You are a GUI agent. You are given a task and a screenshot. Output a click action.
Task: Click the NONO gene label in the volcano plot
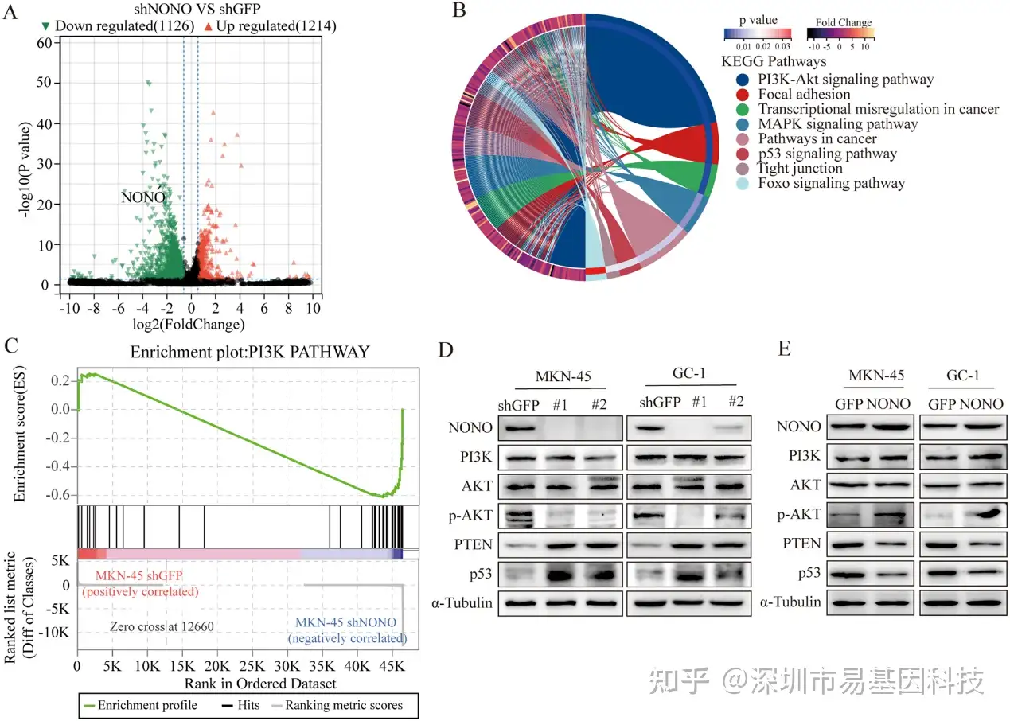143,197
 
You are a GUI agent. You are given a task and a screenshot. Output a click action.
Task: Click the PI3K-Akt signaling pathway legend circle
743,80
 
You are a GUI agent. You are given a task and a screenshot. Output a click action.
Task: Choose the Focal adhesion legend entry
793,95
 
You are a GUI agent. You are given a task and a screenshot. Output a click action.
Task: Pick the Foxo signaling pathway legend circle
743,183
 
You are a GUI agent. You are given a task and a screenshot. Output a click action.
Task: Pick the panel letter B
459,11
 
